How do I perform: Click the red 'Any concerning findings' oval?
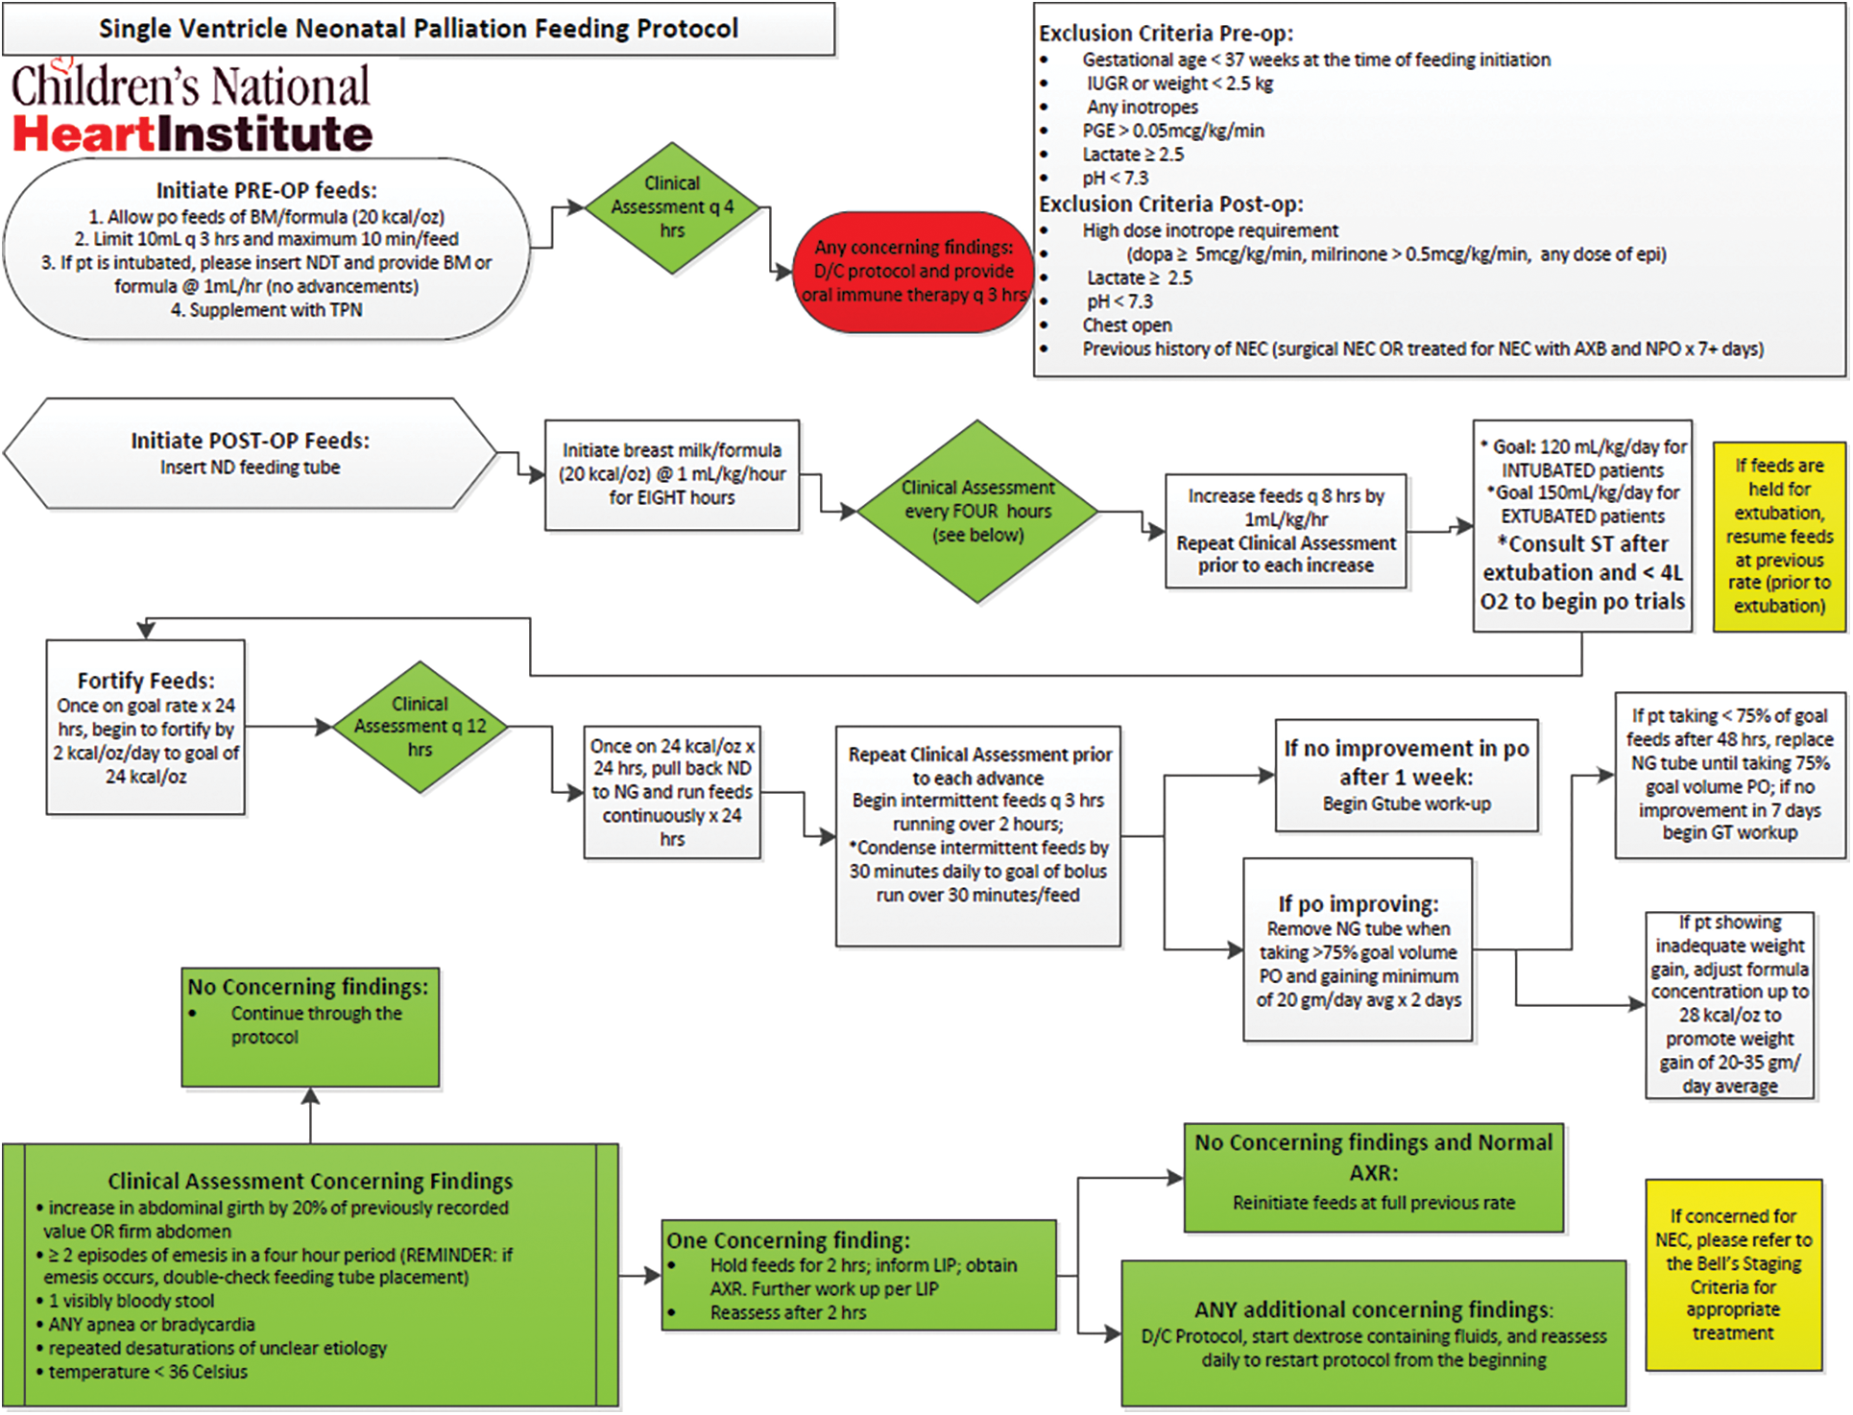click(913, 272)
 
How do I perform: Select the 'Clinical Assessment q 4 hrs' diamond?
click(672, 207)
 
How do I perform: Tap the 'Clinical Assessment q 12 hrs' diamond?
click(420, 727)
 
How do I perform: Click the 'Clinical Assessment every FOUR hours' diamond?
click(977, 511)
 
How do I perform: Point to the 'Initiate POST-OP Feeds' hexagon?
click(250, 453)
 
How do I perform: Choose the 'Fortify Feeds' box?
click(146, 728)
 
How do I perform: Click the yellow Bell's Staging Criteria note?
click(1733, 1275)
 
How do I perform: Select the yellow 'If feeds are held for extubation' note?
click(1779, 536)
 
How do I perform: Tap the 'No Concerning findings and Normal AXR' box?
click(1373, 1177)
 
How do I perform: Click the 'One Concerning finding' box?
click(859, 1275)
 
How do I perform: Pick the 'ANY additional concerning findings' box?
click(1374, 1333)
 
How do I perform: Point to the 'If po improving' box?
click(1358, 949)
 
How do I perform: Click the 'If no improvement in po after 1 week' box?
click(1407, 775)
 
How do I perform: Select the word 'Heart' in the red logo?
click(84, 133)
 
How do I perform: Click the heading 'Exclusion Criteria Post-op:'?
click(1171, 204)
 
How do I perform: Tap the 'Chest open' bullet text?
click(1127, 324)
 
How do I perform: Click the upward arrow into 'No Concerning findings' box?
click(310, 1115)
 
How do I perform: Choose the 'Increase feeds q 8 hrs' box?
click(1286, 531)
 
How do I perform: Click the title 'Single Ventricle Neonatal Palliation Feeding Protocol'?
click(419, 29)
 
